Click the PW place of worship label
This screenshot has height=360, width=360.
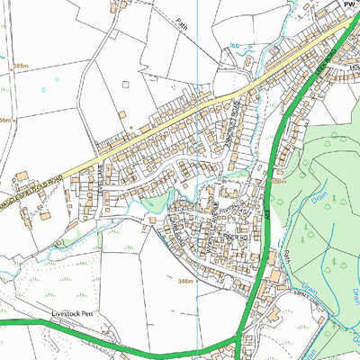pos(349,4)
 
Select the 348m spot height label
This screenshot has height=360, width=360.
pos(186,282)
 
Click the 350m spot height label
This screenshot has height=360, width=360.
pos(278,181)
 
